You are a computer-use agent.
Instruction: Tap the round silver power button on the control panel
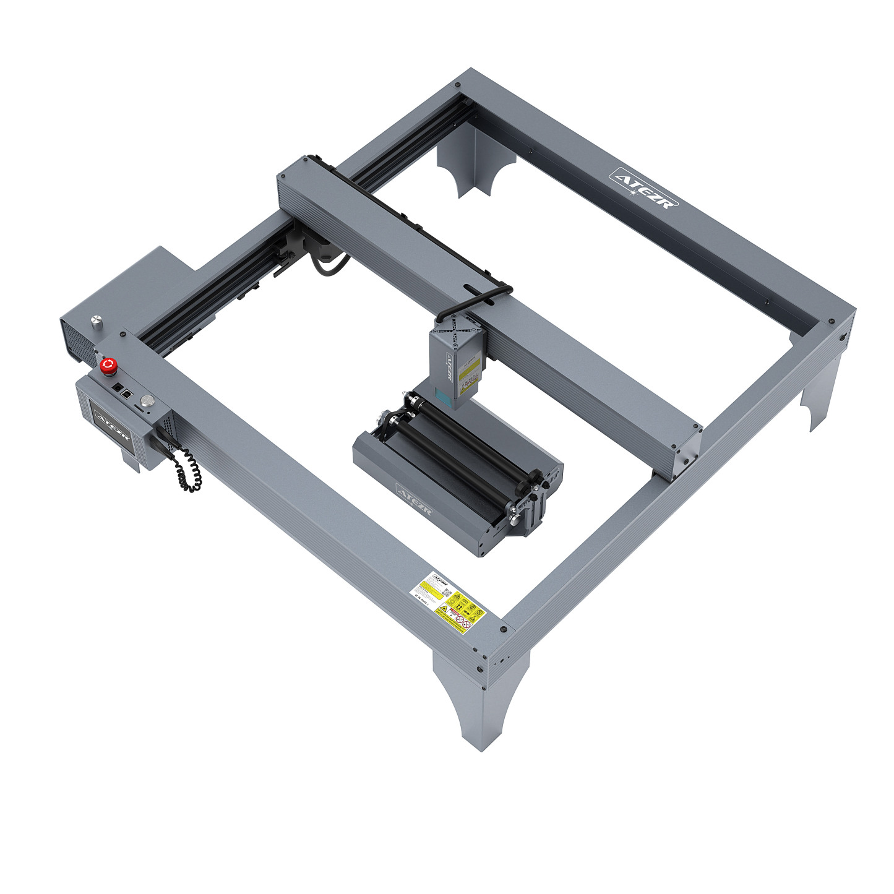pos(147,401)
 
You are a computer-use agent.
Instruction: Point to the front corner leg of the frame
pos(480,705)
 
